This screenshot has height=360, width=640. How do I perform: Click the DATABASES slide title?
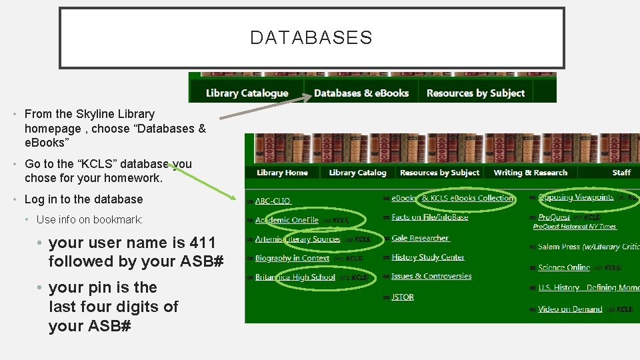point(311,38)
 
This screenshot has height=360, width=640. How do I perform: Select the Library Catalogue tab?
point(247,93)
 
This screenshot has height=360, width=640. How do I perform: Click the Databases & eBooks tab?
point(361,93)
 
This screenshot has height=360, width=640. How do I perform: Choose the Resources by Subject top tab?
point(475,93)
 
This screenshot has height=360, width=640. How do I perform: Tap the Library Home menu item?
point(282,173)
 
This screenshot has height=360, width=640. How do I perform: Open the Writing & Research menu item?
point(530,173)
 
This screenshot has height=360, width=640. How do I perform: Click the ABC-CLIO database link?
point(273,201)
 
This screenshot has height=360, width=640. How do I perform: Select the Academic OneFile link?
point(287,220)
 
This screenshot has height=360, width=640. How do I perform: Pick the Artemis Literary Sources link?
point(297,239)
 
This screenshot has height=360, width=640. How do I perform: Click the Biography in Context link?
point(292,258)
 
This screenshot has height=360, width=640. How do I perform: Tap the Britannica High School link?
point(295,277)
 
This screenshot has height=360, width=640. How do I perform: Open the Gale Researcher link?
point(420,238)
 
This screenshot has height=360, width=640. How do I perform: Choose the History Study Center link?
point(428,257)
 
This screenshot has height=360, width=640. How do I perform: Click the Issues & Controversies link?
point(431,276)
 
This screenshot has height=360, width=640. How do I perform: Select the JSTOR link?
point(403,297)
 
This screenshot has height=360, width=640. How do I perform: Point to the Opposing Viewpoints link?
point(575,197)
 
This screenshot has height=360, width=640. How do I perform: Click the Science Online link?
point(564,267)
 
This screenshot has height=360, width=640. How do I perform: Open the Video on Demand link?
point(570,309)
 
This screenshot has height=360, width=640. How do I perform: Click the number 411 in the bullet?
point(203,242)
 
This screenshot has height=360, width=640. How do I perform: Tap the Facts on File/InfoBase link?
point(430,217)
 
